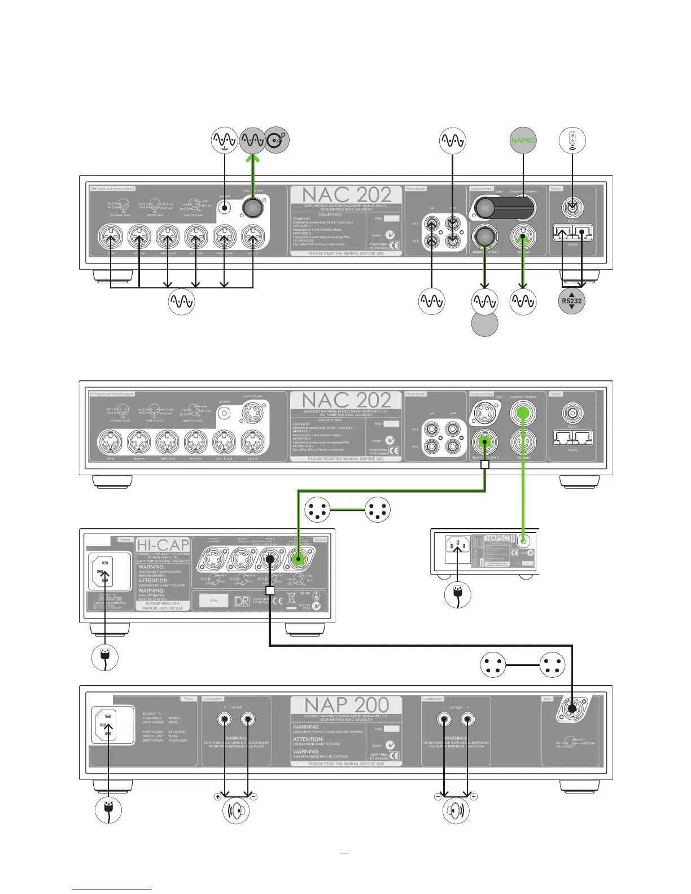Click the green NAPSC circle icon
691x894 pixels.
tap(523, 141)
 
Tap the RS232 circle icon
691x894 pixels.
tap(572, 301)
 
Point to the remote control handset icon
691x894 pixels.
tap(572, 140)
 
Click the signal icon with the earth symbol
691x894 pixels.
tap(224, 141)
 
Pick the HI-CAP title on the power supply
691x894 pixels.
tap(163, 544)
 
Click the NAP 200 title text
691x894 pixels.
tap(347, 705)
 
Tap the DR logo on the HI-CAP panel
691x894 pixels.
tap(241, 601)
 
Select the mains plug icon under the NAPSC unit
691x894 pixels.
tap(457, 595)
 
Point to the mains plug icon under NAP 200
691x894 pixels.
tap(108, 809)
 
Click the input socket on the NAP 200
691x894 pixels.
tap(572, 708)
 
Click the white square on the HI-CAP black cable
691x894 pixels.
tap(270, 590)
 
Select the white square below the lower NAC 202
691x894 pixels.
tap(484, 464)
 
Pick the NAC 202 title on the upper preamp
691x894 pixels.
tap(347, 195)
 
